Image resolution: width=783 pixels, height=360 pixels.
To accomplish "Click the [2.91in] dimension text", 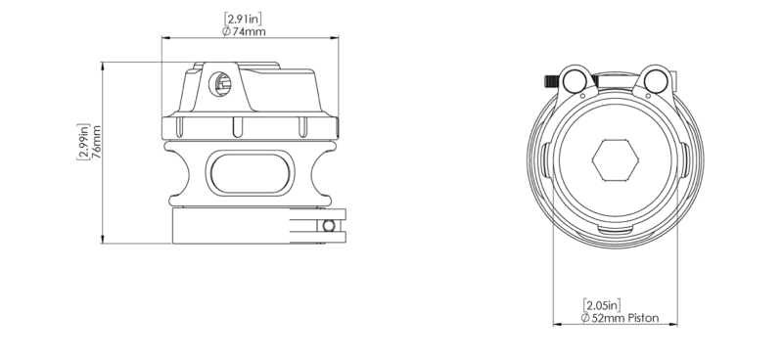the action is tap(243, 19).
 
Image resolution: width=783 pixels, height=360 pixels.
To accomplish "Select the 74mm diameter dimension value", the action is tap(250, 32).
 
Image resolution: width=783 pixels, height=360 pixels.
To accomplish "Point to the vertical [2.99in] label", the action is tap(83, 142).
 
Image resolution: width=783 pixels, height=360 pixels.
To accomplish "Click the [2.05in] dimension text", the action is tap(602, 304).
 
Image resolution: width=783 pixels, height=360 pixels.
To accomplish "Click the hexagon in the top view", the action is tap(616, 159).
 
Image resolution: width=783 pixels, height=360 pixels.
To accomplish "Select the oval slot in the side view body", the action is tap(250, 173).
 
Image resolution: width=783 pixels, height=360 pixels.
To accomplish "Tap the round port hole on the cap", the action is tap(219, 84).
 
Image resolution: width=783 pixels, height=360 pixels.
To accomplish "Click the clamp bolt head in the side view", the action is tap(329, 226).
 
